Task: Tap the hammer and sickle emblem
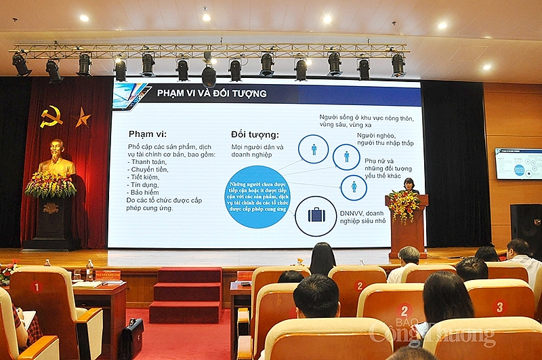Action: coord(51,117)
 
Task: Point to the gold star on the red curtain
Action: coord(82,118)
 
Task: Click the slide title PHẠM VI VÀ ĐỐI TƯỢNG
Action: coord(211,93)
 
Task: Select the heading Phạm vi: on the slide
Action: coord(147,134)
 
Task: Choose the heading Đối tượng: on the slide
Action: coord(254,134)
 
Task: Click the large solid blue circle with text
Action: coord(257,197)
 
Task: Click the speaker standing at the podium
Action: coord(409,185)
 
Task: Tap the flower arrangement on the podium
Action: coord(405,205)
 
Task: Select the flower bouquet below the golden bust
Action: coord(51,185)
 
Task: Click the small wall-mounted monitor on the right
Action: coord(518,163)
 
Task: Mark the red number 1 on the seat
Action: coord(36,287)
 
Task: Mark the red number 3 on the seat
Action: coord(499,306)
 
